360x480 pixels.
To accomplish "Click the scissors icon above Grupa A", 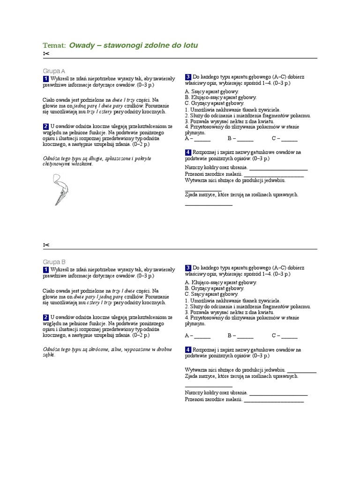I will coord(46,54).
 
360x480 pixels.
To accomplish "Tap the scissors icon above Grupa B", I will coord(46,245).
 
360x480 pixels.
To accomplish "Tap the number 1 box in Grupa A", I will coord(46,78).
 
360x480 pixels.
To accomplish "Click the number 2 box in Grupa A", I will coord(46,127).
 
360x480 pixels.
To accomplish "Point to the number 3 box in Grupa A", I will coord(188,77).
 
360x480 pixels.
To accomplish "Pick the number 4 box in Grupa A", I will coord(188,152).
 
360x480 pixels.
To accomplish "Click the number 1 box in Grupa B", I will coord(46,270).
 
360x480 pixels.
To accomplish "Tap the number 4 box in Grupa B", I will coord(188,350).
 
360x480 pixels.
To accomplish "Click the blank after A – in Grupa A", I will coord(202,140).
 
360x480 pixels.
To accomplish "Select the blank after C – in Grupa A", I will coord(289,140).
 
